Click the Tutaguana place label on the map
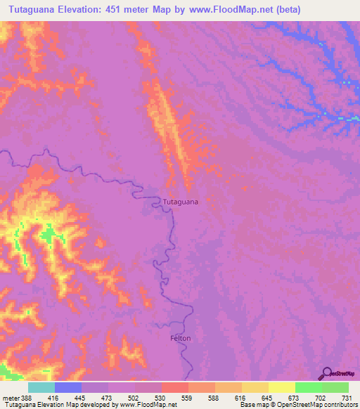[x=180, y=202]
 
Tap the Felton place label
[x=180, y=338]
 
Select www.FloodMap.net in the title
[x=230, y=9]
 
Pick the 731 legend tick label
[x=347, y=397]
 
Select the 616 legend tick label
[x=241, y=397]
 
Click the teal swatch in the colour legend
[x=41, y=387]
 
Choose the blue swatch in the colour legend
[x=68, y=387]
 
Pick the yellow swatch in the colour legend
[x=282, y=387]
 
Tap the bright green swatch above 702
[x=309, y=387]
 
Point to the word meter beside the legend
[x=8, y=397]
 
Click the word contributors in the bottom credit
[x=340, y=405]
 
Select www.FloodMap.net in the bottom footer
[x=148, y=405]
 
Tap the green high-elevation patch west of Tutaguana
[x=48, y=234]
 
